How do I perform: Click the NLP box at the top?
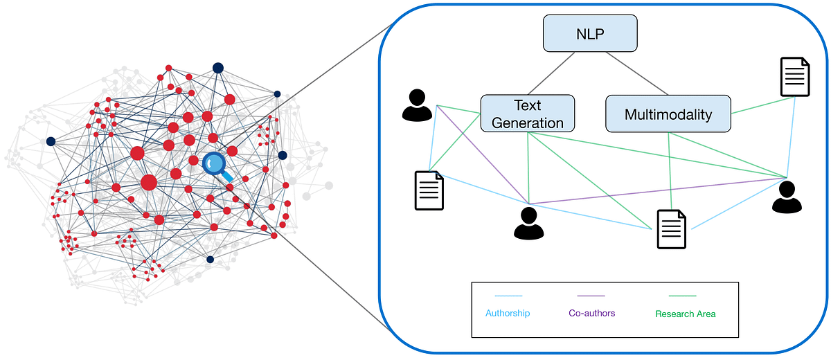click(590, 33)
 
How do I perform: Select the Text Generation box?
click(528, 114)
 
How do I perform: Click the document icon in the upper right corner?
click(795, 77)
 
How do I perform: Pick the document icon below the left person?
click(429, 190)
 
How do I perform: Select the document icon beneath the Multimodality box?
click(671, 229)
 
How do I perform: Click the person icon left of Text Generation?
click(417, 105)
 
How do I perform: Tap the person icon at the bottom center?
click(528, 223)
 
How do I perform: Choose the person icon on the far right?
click(787, 197)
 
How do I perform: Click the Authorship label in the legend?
click(508, 314)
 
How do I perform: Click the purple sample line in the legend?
click(587, 296)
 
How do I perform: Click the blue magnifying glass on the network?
click(216, 165)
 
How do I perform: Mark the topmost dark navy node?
click(218, 68)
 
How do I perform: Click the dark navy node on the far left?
click(51, 141)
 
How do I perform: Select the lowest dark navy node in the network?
click(210, 260)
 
